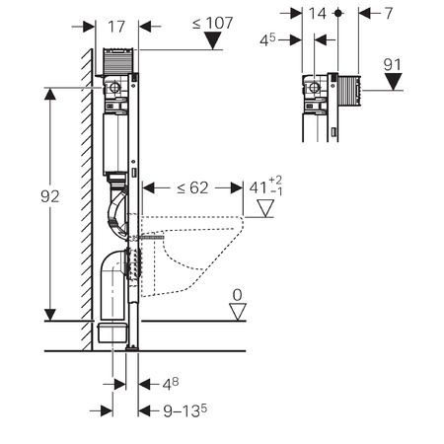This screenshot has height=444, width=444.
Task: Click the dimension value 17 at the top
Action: click(116, 27)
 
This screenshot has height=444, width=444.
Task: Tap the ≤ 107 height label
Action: click(212, 23)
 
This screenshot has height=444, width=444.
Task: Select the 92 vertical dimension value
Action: click(50, 196)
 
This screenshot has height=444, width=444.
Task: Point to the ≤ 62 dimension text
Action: click(192, 187)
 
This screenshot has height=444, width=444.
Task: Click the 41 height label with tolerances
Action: click(265, 187)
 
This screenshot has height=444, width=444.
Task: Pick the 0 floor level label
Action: click(237, 295)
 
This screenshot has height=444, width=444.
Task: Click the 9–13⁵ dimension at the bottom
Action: click(185, 410)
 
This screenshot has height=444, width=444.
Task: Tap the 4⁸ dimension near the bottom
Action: click(171, 384)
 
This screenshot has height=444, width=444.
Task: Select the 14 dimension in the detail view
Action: click(318, 14)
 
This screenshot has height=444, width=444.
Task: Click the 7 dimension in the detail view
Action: click(389, 14)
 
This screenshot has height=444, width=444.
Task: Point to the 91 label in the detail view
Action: click(393, 65)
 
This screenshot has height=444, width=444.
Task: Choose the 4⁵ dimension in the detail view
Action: click(267, 39)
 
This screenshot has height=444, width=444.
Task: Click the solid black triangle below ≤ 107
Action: click(213, 40)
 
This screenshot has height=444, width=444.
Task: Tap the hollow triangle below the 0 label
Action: click(238, 312)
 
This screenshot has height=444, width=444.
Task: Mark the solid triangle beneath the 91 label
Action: click(394, 82)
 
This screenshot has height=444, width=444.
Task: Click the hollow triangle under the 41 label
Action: click(265, 208)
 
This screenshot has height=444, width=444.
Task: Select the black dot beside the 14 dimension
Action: click(338, 13)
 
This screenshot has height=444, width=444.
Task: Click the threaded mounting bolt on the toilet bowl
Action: click(151, 237)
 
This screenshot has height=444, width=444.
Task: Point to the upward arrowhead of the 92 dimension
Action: click(50, 95)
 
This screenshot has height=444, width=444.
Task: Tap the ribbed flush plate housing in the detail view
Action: click(349, 91)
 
